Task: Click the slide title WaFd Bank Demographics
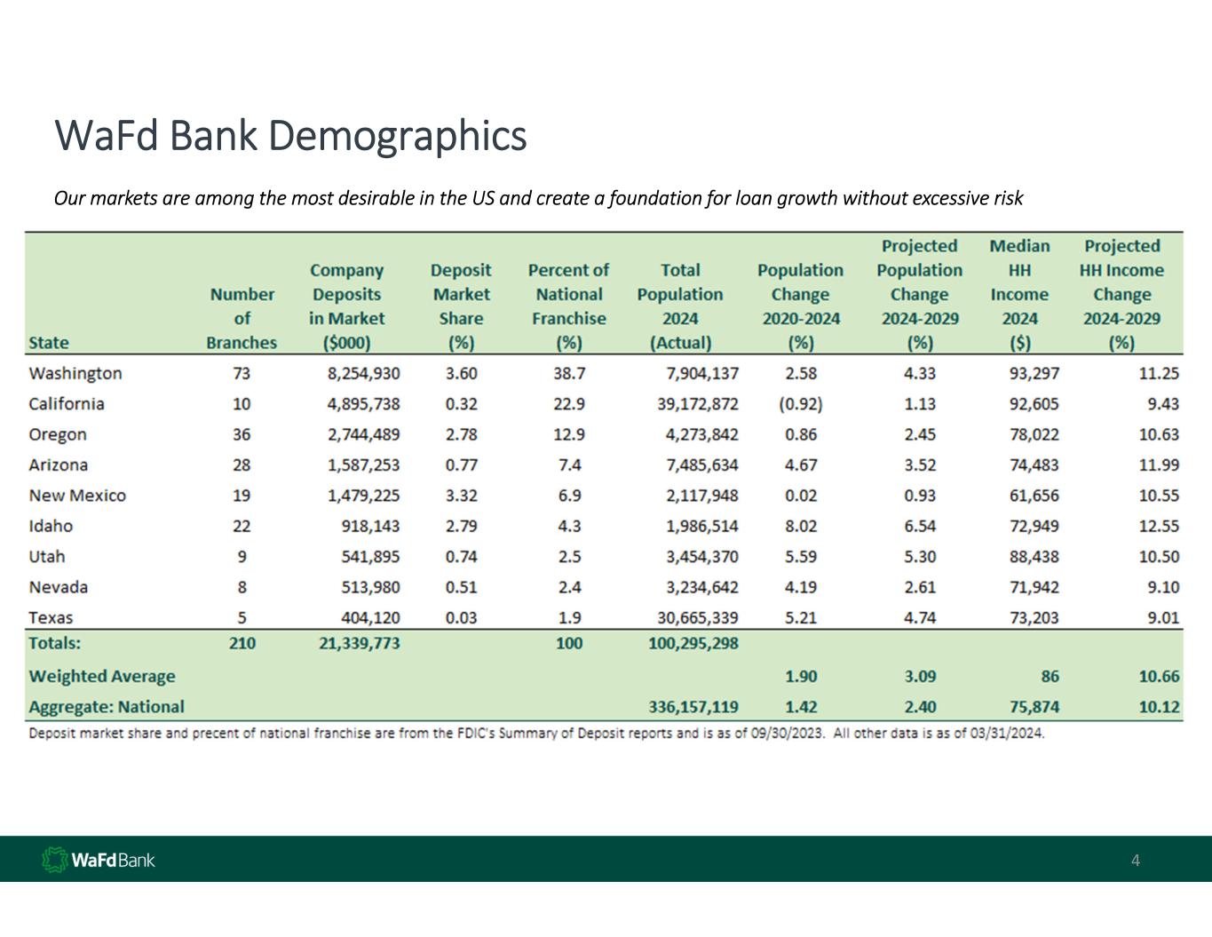point(290,136)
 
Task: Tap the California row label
point(67,404)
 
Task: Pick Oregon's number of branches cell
point(242,434)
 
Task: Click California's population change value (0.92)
point(800,404)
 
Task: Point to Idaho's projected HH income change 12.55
point(1159,526)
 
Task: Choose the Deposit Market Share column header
point(461,306)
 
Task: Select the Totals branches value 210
point(242,643)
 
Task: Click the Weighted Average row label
point(102,676)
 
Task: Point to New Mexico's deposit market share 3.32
point(461,496)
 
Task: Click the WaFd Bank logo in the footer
point(99,860)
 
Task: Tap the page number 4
point(1136,860)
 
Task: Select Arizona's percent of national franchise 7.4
point(569,465)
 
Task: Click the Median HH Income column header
point(1019,294)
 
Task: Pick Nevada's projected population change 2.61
point(919,587)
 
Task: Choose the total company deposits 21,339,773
point(359,643)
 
